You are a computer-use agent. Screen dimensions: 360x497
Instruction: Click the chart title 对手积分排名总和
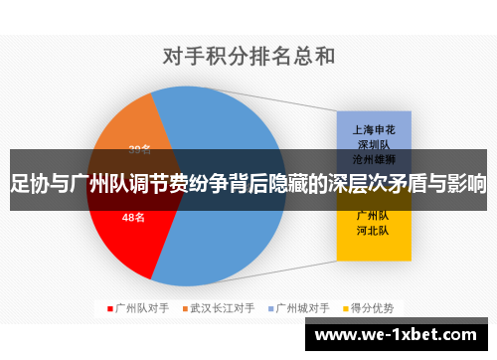coord(248,57)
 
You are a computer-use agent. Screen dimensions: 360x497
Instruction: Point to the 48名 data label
coord(133,216)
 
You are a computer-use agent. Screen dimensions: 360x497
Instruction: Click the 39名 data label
coord(140,149)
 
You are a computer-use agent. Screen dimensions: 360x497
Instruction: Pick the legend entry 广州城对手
coord(301,308)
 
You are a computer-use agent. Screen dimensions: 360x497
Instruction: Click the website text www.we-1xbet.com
coord(399,332)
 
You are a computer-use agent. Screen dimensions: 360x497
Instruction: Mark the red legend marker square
coord(111,308)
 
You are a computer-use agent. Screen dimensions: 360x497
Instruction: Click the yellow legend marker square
coord(343,308)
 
